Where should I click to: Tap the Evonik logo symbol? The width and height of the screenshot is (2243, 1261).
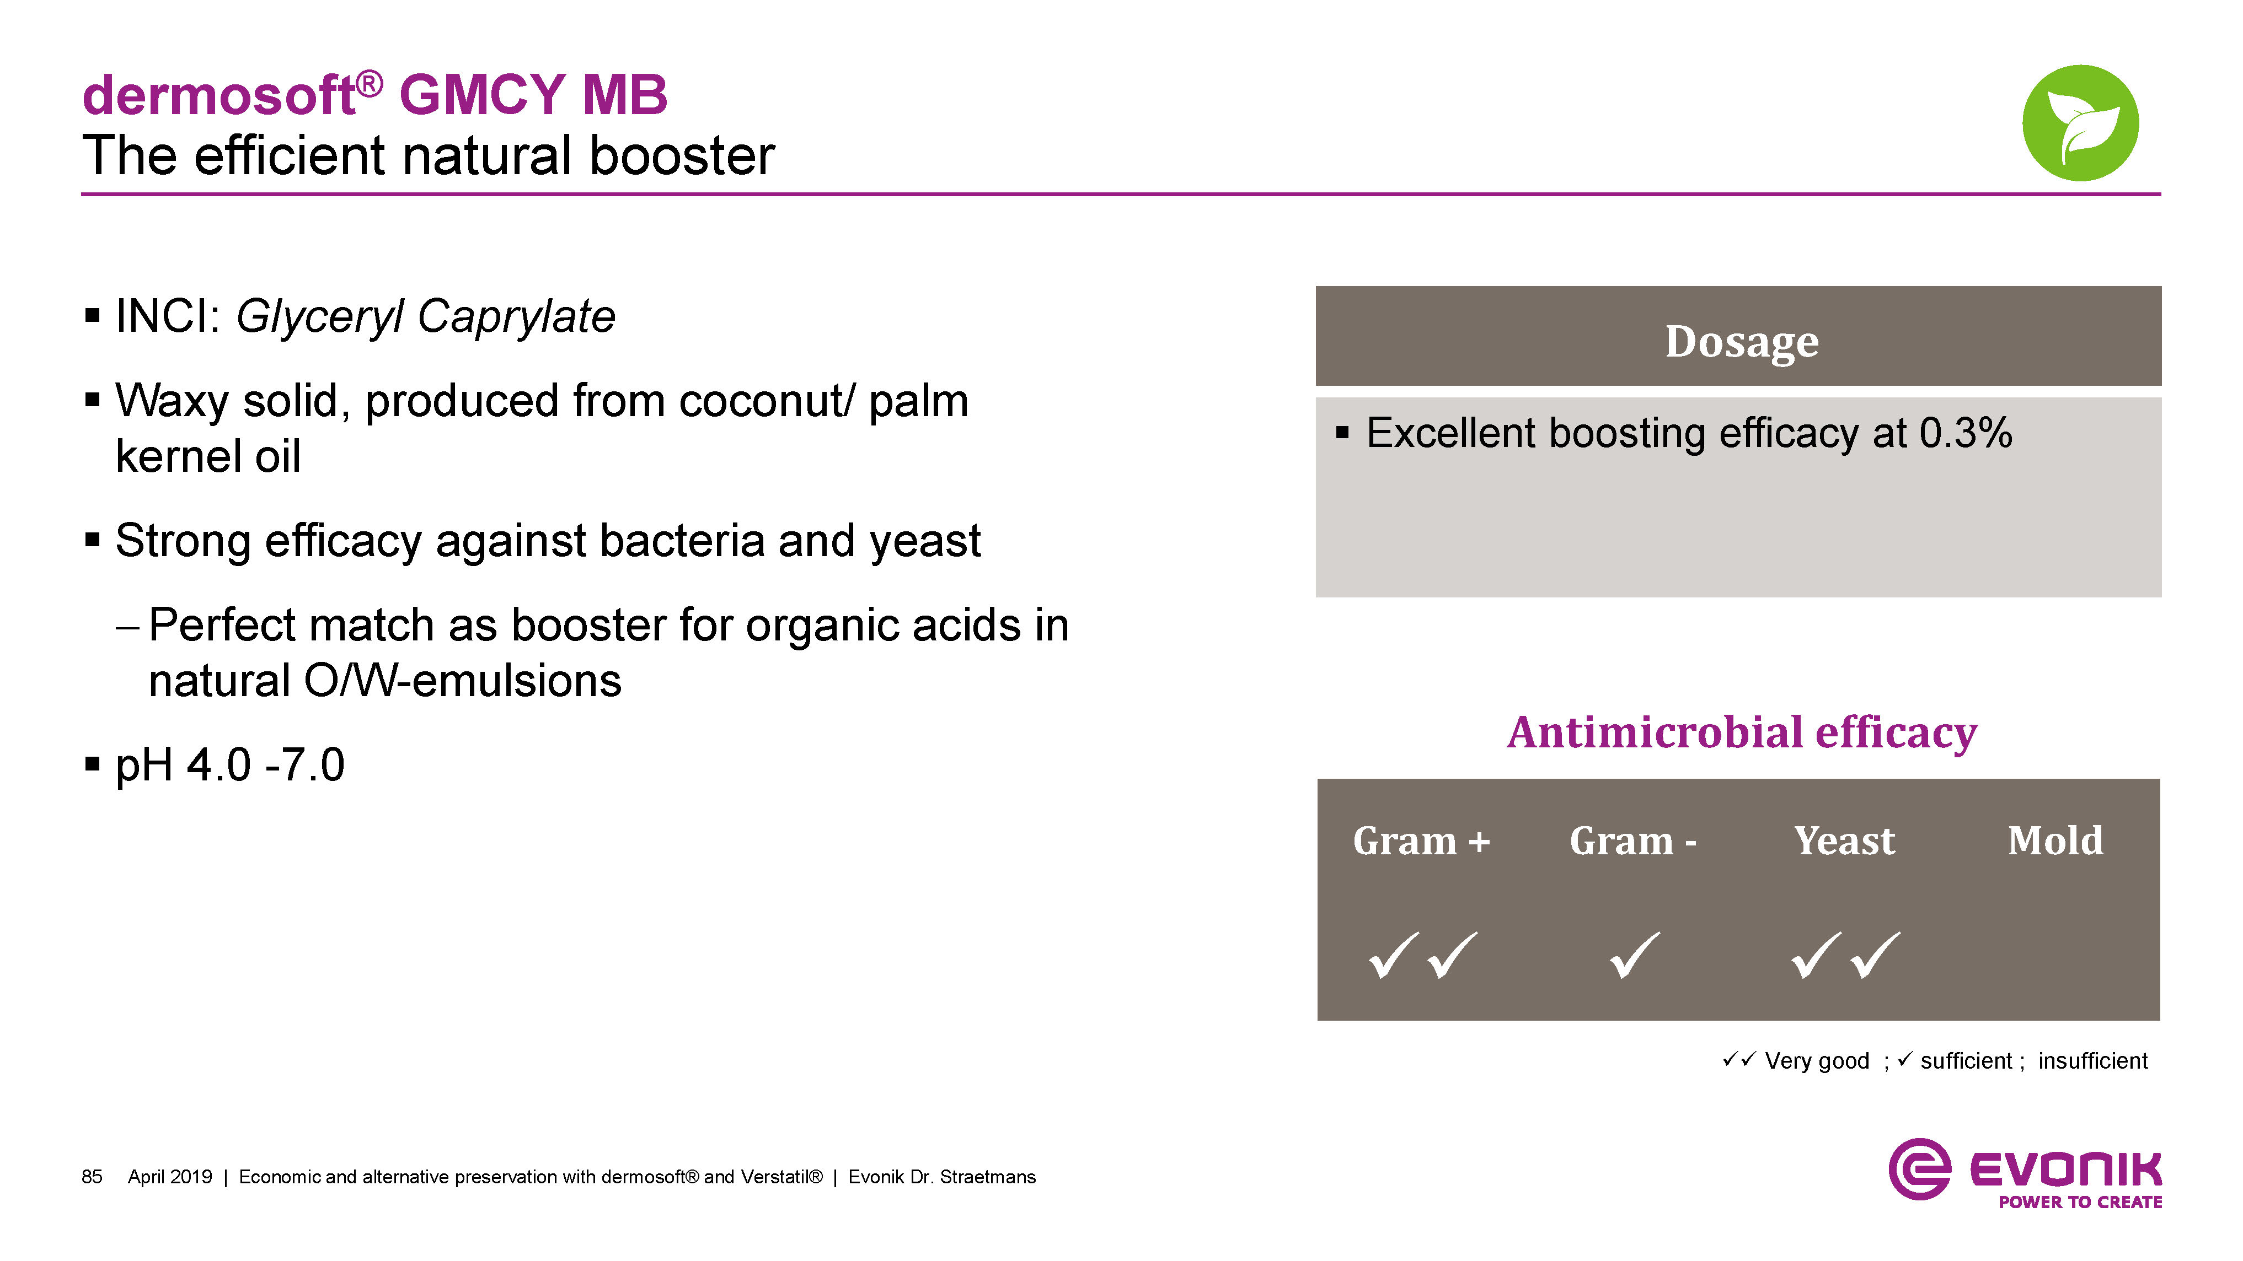pos(1919,1169)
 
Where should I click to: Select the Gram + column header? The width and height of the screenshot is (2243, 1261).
pos(1421,840)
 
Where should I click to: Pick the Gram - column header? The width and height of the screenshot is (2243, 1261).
pos(1632,840)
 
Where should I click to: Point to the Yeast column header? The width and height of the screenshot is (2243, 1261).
pos(1844,840)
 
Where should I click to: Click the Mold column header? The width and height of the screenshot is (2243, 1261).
pos(2055,840)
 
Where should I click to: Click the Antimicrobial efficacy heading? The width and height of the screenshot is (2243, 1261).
pos(1742,733)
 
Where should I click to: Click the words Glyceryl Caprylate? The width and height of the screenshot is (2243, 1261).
pos(426,317)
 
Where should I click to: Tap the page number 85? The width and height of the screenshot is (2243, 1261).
pos(92,1177)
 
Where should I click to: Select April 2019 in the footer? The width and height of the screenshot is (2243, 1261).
pos(170,1177)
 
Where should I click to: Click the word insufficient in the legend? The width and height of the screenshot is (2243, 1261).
pos(2092,1061)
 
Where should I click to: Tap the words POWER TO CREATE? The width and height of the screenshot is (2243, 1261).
pos(2080,1202)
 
